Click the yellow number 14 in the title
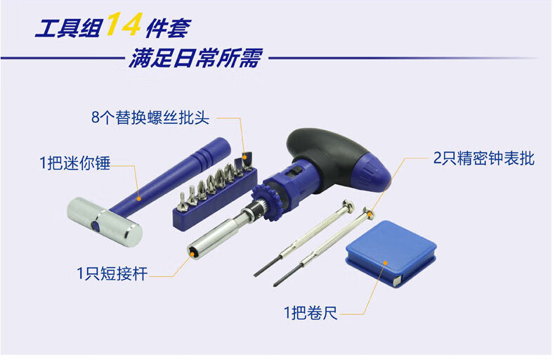coord(124,24)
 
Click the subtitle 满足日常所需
coord(195,58)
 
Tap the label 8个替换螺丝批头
coord(150,117)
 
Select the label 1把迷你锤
coord(74,163)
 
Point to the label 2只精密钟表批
coord(483,158)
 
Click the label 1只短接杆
coord(112,274)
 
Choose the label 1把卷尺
coord(311,313)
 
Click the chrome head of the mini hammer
coord(105,221)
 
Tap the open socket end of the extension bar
coord(194,252)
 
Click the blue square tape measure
coord(391,253)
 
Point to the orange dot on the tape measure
coord(386,262)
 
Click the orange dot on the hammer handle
coord(139,198)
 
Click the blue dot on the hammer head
coord(96,226)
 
